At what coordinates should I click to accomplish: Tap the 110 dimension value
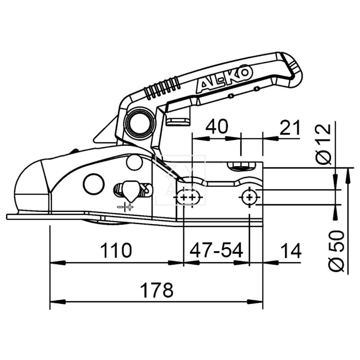[116, 250]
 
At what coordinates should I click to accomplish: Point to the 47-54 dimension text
[216, 250]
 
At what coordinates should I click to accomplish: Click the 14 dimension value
[290, 250]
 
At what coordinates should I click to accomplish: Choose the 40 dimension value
[216, 128]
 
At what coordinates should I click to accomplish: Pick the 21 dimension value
[289, 128]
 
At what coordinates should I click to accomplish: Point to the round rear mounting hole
[249, 197]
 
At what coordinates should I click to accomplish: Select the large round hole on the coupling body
[94, 183]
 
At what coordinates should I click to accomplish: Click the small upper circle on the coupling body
[134, 162]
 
